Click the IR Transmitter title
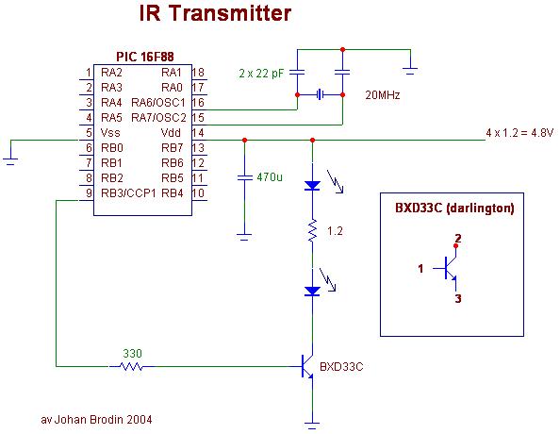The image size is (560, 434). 215,13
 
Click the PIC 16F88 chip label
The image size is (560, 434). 145,57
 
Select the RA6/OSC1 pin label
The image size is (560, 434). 158,103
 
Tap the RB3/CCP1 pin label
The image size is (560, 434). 128,193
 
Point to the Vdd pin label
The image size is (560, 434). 171,133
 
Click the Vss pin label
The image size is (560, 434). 110,133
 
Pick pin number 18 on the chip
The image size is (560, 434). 198,73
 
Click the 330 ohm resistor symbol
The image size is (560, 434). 131,366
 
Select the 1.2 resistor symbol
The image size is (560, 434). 312,230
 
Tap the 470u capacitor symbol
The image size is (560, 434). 244,177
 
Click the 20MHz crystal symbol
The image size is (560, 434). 321,94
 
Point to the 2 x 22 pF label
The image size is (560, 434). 261,74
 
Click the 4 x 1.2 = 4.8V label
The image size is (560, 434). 519,133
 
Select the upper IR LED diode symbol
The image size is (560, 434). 312,185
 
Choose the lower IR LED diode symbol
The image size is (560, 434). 312,292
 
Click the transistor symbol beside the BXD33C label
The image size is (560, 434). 305,366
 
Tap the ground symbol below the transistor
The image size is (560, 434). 312,426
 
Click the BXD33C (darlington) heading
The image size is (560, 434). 454,209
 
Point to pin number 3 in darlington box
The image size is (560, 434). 458,298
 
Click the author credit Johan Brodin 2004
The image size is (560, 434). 96,419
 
